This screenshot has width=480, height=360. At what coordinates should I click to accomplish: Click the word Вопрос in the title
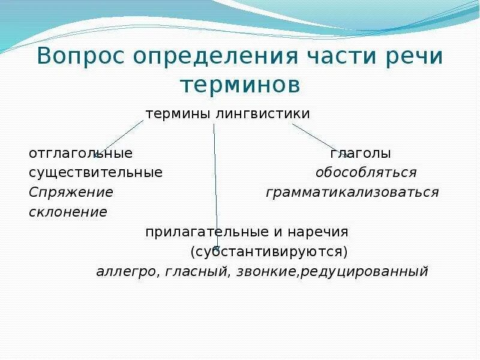point(82,56)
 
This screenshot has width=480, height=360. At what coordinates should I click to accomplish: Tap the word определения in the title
point(214,58)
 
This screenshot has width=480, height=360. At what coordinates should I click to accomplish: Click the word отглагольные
point(80,154)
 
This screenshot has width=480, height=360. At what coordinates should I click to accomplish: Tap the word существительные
point(95,173)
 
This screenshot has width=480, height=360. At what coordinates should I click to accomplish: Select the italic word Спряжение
point(71,193)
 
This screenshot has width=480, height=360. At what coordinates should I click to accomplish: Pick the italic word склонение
point(68,212)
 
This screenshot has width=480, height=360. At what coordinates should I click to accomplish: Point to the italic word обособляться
point(366,173)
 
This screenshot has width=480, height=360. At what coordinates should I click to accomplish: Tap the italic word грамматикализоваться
point(352,193)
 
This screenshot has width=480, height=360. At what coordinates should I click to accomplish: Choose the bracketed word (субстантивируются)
point(268,251)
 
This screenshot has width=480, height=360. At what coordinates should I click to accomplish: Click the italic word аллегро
point(127,271)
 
